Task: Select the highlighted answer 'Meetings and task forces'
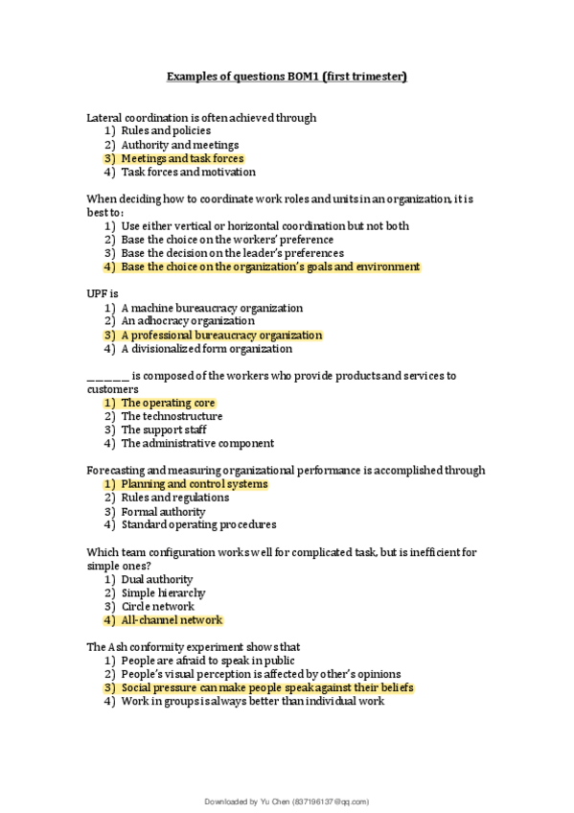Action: coord(182,158)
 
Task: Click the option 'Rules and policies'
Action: coord(166,130)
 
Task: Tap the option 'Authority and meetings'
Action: coord(180,145)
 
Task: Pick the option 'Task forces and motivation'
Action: coord(188,173)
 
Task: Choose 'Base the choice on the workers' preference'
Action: coord(227,240)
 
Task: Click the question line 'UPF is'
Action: coord(102,294)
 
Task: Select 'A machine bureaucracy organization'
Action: coord(212,309)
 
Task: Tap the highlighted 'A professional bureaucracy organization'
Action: coord(221,336)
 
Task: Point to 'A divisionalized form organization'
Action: coord(207,350)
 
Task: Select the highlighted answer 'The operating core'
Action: coord(168,403)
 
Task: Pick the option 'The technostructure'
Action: coord(172,417)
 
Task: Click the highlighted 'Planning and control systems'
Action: coord(195,484)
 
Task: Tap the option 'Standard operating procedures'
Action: coord(198,525)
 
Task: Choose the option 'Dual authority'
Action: coord(157,579)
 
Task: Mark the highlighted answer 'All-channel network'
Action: coord(172,620)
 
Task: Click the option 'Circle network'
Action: coord(158,607)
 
